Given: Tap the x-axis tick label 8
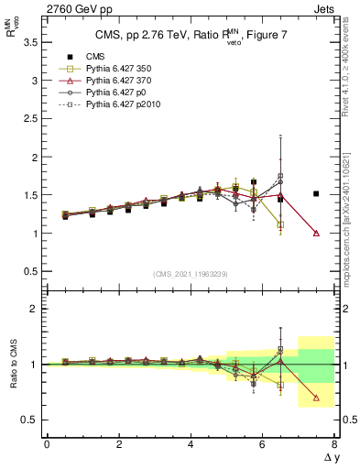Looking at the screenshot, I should [334, 444].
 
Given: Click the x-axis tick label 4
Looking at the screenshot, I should [191, 444].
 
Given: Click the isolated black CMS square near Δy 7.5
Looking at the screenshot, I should [316, 193].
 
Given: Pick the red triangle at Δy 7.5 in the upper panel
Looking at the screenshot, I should [316, 233].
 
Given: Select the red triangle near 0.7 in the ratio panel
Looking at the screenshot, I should [316, 398].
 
